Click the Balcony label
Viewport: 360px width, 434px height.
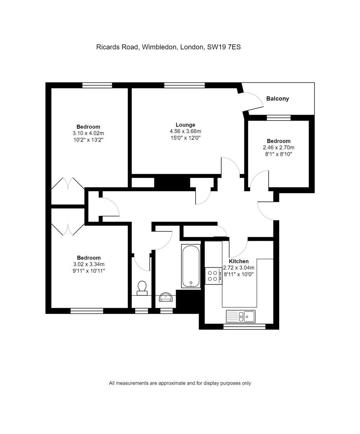click(x=278, y=98)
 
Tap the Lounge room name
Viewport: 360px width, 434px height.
click(x=185, y=125)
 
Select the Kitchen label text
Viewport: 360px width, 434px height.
click(x=239, y=261)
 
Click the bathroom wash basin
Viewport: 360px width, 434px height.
click(x=166, y=297)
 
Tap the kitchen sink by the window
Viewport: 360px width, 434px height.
click(x=241, y=316)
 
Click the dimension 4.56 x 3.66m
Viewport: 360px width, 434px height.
click(x=185, y=131)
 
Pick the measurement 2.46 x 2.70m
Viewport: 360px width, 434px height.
click(x=278, y=147)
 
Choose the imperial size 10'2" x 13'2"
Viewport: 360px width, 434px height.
click(x=88, y=140)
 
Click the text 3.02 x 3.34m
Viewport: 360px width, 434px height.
click(x=88, y=264)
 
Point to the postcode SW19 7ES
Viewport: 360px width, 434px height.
click(x=224, y=47)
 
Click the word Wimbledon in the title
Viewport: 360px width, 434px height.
click(x=159, y=47)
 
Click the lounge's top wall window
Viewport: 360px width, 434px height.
click(x=184, y=85)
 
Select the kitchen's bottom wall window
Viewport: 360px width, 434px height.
click(x=244, y=327)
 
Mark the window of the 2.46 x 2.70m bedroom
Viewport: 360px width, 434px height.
click(x=278, y=118)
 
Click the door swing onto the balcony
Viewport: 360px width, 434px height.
click(x=253, y=101)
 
